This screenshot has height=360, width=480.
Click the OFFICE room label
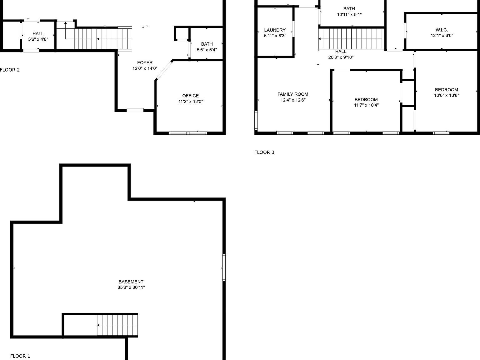click(190, 96)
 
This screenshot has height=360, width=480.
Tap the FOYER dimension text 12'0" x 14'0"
click(145, 68)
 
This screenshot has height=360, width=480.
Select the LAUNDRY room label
click(275, 30)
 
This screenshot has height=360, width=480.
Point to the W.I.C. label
click(442, 30)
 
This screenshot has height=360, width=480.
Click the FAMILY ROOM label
click(292, 94)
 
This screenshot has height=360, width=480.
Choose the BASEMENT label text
click(131, 282)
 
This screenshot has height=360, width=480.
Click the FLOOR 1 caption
click(20, 356)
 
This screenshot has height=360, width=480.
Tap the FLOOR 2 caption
click(10, 70)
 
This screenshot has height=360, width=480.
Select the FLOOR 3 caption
click(264, 152)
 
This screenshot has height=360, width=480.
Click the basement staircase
click(117, 325)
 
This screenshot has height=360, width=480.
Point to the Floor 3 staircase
click(351, 39)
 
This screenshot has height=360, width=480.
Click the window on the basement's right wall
click(224, 267)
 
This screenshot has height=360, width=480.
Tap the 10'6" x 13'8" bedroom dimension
click(446, 95)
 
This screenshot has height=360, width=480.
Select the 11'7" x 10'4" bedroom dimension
click(366, 105)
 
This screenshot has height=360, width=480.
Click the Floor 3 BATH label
click(349, 9)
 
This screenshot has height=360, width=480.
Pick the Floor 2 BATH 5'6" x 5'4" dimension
click(207, 50)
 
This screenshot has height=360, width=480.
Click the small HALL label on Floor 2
click(38, 34)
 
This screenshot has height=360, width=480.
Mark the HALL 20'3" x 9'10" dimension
click(341, 57)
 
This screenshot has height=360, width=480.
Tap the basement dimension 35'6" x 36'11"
click(131, 287)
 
